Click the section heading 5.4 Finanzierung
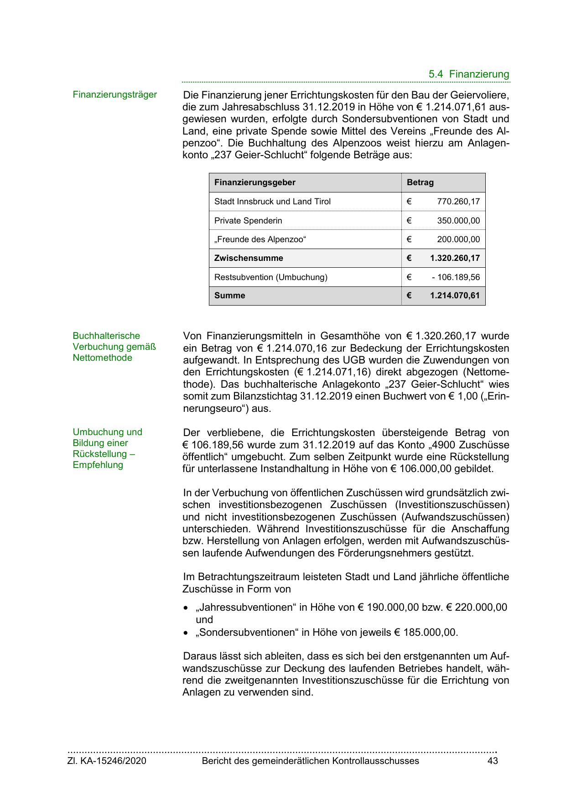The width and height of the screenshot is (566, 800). [x=468, y=74]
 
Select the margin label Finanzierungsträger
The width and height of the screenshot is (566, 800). [x=114, y=94]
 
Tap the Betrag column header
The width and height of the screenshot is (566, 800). [x=420, y=182]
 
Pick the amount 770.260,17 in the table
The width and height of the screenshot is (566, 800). [x=458, y=202]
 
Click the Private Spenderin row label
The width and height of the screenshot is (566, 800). [x=248, y=221]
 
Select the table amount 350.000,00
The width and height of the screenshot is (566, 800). [x=458, y=221]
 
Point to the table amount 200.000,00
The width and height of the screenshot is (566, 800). [x=458, y=239]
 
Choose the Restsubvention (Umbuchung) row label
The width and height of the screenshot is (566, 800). [x=270, y=277]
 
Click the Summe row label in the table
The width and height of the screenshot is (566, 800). [x=229, y=296]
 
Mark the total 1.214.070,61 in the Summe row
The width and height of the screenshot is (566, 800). [x=455, y=296]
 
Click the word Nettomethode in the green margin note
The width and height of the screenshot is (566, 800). [x=102, y=358]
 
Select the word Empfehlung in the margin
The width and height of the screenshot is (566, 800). [x=98, y=465]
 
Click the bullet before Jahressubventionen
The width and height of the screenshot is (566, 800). [x=185, y=608]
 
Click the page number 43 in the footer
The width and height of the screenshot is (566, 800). [x=492, y=761]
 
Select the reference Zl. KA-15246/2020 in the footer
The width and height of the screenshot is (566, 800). [x=107, y=761]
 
